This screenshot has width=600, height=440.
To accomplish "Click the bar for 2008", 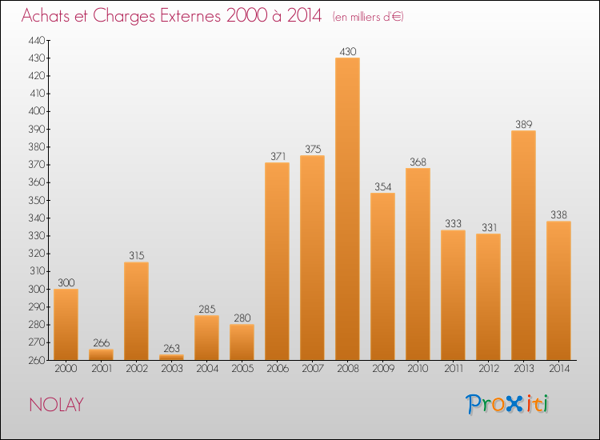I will [x=347, y=209].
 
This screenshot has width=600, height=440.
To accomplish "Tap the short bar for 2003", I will [x=171, y=357].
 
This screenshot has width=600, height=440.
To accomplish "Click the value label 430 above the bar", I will [x=347, y=51].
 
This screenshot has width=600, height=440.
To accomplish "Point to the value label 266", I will [x=101, y=342].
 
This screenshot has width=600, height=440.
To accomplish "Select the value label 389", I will [x=523, y=124].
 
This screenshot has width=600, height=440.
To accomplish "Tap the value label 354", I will [x=382, y=186].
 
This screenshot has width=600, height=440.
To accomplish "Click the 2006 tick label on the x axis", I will [x=277, y=370].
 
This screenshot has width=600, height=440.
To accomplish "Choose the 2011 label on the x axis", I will [x=453, y=370].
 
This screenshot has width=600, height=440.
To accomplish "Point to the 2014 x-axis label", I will [x=558, y=370].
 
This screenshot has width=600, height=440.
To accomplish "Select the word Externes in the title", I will [x=189, y=16].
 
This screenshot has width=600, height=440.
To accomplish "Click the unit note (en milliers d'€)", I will [x=367, y=17].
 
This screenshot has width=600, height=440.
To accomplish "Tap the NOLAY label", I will [x=56, y=405].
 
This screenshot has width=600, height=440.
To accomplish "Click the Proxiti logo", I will [x=506, y=404].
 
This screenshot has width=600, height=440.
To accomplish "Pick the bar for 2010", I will [x=418, y=264].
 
